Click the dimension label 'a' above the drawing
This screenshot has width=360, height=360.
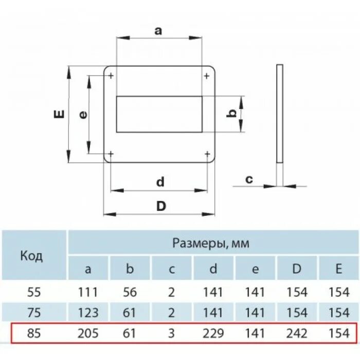(158, 30)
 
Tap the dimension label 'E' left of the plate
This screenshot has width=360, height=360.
(60, 114)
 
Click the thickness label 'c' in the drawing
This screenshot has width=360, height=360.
(248, 179)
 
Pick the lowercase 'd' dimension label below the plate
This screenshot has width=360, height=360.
(160, 181)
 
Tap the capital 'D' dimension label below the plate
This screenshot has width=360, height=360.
(161, 206)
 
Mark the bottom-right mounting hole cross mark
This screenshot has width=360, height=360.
(206, 153)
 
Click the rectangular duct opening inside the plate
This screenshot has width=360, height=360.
(159, 114)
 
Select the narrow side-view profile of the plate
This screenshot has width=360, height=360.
(279, 114)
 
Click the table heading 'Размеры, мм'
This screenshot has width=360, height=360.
(210, 243)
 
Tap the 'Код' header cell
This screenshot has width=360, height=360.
(31, 256)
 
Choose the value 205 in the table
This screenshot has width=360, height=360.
(88, 333)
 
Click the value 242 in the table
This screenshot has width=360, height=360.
(297, 333)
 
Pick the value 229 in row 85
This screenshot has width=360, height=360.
(213, 333)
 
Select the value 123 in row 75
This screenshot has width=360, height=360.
(88, 313)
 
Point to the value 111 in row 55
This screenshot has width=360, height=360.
(88, 292)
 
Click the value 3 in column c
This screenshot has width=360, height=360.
(172, 333)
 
